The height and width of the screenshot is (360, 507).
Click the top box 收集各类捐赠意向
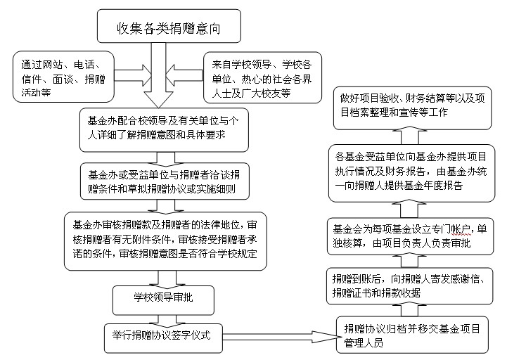[x=169, y=26]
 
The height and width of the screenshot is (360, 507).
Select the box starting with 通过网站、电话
[x=63, y=77]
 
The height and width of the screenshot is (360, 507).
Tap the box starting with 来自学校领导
[x=262, y=77]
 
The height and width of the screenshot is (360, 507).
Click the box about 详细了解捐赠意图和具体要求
[x=164, y=129]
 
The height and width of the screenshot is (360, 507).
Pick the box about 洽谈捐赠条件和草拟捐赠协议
[x=165, y=181]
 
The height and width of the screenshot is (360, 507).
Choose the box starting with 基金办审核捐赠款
[x=165, y=241]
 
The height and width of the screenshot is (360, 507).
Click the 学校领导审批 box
[x=163, y=300]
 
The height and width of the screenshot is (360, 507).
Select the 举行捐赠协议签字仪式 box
[x=163, y=338]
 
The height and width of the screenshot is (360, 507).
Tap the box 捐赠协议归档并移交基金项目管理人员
[x=412, y=335]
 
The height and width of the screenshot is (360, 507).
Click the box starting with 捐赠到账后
[x=410, y=286]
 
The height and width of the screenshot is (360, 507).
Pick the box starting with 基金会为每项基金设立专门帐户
[x=411, y=236]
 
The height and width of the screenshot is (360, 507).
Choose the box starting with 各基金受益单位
[x=411, y=174]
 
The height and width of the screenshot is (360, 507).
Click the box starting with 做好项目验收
[x=412, y=108]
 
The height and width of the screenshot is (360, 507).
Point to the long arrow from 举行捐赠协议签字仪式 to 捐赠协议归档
[x=280, y=337]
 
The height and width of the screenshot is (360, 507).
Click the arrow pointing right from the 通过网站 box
[x=133, y=75]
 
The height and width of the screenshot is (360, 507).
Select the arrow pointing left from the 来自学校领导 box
[x=185, y=75]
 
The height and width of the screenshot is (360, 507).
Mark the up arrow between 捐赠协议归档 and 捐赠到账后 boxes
[x=409, y=309]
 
